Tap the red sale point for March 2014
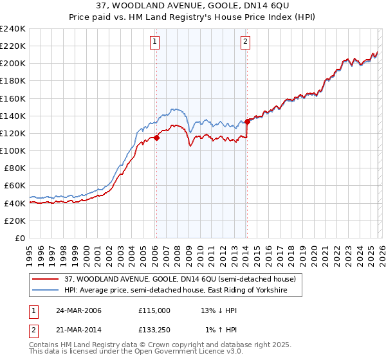[x=247, y=122]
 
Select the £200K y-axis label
[x=13, y=64]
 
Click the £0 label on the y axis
[x=19, y=238]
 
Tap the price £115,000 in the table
[x=154, y=310]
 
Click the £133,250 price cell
[x=154, y=331]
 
